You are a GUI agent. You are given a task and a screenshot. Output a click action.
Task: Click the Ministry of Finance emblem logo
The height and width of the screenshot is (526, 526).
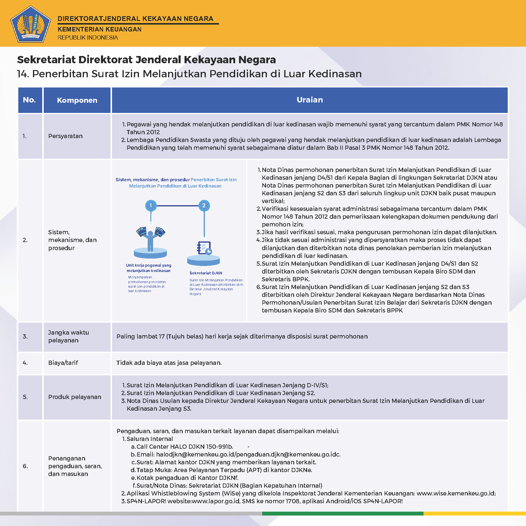coord(30,24)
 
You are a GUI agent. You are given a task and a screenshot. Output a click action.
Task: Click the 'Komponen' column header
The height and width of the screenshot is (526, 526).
coord(77,100)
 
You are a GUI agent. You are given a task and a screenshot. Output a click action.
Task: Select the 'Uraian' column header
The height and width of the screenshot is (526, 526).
coord(310,100)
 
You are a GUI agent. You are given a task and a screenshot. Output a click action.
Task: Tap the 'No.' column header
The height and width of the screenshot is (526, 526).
coord(29,100)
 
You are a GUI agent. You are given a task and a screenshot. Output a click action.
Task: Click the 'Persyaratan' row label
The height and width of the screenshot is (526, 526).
coord(65,136)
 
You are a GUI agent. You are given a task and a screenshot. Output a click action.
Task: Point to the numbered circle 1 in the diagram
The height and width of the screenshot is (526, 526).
coord(151,205)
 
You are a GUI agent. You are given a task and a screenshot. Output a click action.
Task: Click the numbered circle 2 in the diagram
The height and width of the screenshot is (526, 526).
coord(204,205)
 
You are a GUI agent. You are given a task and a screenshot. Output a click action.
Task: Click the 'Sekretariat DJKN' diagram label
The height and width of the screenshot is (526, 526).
coord(206,273)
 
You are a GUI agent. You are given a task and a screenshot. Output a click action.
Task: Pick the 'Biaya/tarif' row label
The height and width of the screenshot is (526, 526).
coord(63,363)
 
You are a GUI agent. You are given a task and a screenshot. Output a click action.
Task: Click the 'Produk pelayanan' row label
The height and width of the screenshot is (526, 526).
coord(75,397)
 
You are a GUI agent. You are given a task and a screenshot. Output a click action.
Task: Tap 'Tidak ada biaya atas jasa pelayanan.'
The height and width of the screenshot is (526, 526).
coord(169,363)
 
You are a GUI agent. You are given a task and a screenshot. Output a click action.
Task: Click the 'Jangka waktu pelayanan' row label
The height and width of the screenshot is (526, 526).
coord(69,336)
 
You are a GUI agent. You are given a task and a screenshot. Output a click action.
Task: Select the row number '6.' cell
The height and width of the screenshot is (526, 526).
coord(25,466)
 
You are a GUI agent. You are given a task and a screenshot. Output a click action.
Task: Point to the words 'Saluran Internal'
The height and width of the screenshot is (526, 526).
coord(149,439)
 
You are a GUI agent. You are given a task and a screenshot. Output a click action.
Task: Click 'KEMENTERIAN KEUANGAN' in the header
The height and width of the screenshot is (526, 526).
coord(99,29)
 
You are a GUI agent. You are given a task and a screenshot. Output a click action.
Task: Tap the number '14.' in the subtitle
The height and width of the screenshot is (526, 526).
coord(23,74)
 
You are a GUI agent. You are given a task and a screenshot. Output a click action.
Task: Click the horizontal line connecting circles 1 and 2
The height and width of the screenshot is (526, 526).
coord(177,206)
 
